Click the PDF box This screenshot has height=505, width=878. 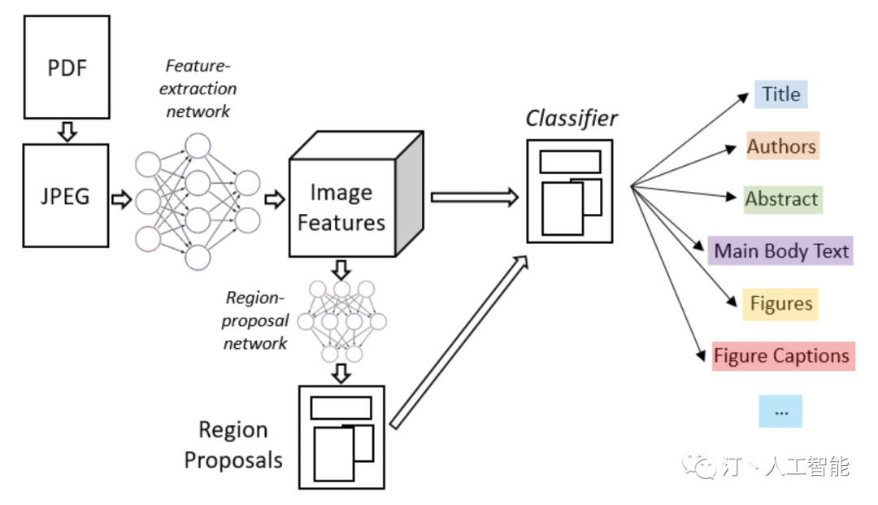(67, 66)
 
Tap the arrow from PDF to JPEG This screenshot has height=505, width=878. (67, 130)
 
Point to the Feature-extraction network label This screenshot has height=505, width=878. (201, 88)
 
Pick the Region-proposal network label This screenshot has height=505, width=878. (255, 320)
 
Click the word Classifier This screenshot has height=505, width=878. (572, 119)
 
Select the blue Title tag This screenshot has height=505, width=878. (781, 94)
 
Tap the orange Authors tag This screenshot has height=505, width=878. (781, 147)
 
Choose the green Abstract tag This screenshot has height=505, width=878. (782, 199)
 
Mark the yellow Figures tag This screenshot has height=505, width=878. (780, 304)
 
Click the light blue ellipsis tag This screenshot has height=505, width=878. (780, 411)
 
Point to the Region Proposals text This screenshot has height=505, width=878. (233, 445)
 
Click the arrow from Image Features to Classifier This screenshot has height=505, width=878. (474, 197)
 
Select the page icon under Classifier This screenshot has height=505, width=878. (570, 190)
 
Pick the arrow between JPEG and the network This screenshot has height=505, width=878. (121, 199)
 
